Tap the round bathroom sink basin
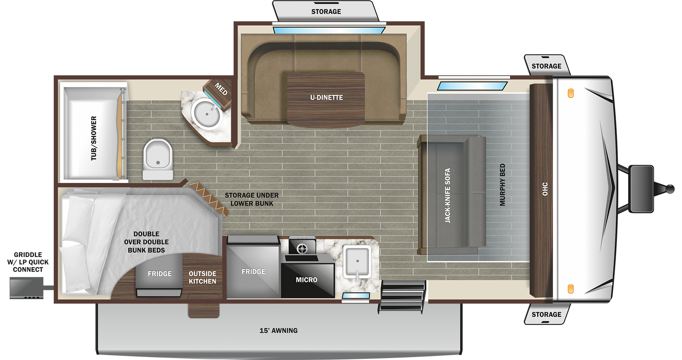pyautogui.click(x=207, y=113)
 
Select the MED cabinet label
pyautogui.click(x=221, y=89)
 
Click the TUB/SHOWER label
pyautogui.click(x=94, y=138)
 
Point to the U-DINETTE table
pyautogui.click(x=326, y=98)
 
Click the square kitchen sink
pyautogui.click(x=357, y=261)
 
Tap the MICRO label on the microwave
pyautogui.click(x=306, y=280)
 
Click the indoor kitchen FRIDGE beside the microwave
pyautogui.click(x=253, y=271)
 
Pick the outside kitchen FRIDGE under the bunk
pyautogui.click(x=160, y=274)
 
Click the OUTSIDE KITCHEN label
pyautogui.click(x=202, y=277)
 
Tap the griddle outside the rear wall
pyautogui.click(x=26, y=288)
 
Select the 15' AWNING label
pyautogui.click(x=278, y=331)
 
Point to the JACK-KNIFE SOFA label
pyautogui.click(x=447, y=195)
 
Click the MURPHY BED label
pyautogui.click(x=502, y=185)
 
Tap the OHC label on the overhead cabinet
pyautogui.click(x=545, y=189)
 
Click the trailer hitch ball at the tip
pyautogui.click(x=670, y=188)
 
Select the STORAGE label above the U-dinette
pyautogui.click(x=326, y=12)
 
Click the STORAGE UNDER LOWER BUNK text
pyautogui.click(x=252, y=199)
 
